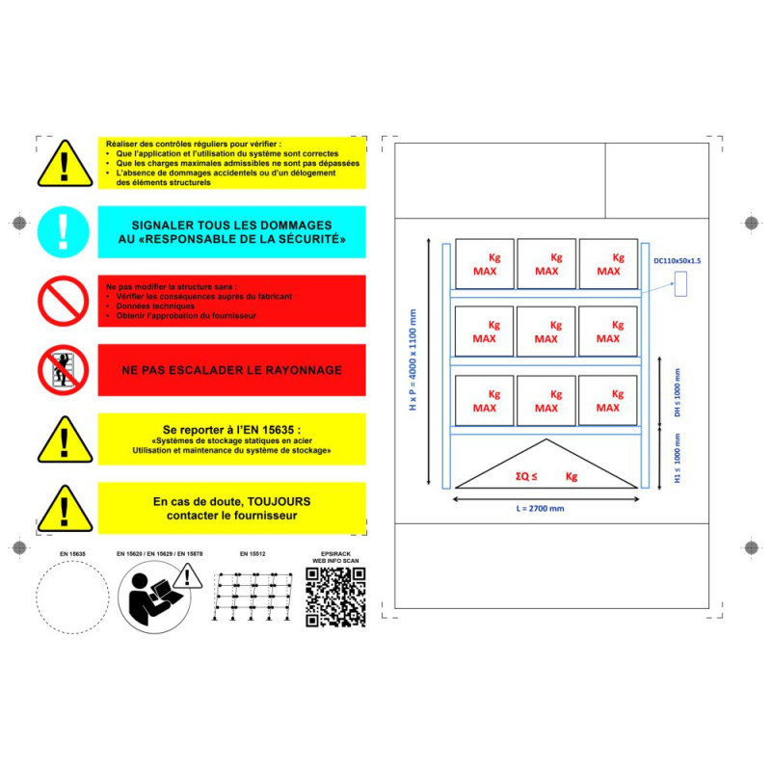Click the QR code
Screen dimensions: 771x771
[x=335, y=598]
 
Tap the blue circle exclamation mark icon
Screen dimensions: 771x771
[x=63, y=231]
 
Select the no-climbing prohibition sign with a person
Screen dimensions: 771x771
[x=63, y=370]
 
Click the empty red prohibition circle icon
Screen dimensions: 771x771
[x=63, y=301]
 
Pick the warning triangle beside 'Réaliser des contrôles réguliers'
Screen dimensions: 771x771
[x=63, y=165]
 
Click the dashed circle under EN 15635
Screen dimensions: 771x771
[x=72, y=598]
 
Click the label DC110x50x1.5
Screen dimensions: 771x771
[x=678, y=261]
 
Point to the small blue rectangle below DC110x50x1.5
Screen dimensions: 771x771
[x=679, y=284]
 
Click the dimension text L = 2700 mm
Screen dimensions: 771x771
[x=543, y=508]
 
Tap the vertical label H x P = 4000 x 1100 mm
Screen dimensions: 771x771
[x=413, y=361]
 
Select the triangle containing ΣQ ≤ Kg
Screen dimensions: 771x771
[x=545, y=467]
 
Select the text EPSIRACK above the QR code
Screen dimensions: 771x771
[x=335, y=554]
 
